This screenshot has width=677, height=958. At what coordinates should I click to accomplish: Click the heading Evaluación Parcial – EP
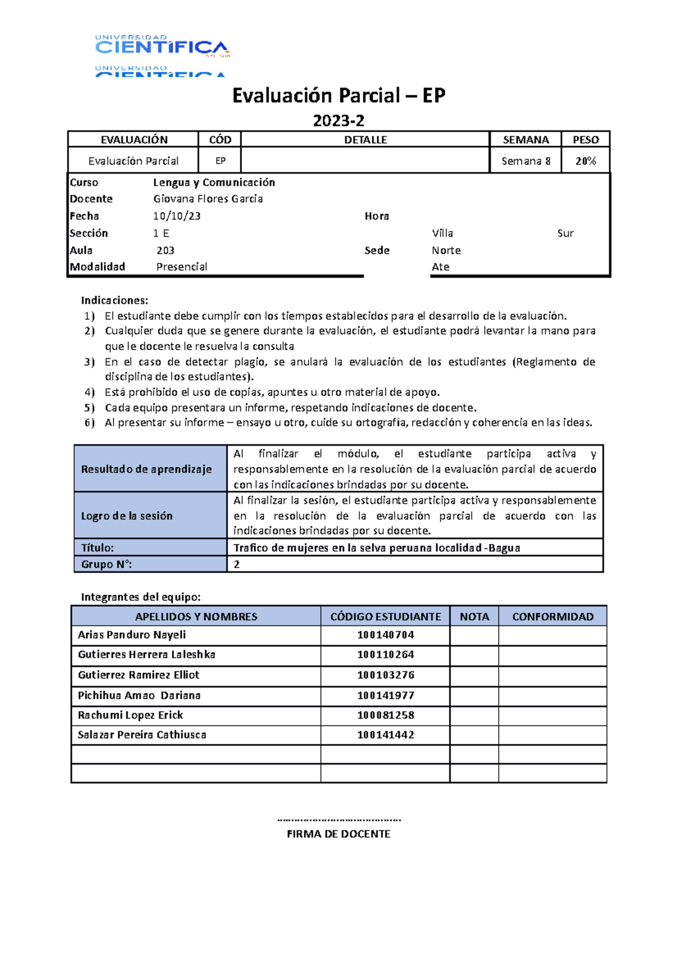338,95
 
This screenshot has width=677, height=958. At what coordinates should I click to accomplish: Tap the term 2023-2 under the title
338,121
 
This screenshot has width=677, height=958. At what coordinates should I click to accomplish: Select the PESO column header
586,139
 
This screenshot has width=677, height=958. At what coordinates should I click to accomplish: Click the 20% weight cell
586,161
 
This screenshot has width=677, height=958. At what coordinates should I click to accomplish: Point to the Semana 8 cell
525,161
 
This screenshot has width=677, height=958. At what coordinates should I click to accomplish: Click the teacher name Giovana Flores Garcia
208,199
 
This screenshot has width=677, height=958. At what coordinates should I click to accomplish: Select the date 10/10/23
177,216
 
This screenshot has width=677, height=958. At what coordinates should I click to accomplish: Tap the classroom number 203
165,250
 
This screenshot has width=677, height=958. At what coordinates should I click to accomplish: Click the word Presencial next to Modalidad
182,267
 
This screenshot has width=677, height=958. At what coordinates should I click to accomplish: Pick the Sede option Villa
442,233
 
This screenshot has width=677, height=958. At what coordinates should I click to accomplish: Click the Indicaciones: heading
115,300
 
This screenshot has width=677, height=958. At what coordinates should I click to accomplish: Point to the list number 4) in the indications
89,392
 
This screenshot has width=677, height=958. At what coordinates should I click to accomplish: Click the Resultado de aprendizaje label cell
147,469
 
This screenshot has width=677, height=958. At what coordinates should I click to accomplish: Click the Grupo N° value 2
236,564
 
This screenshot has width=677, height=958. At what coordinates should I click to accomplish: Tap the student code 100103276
385,675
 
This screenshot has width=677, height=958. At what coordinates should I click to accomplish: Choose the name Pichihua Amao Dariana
139,695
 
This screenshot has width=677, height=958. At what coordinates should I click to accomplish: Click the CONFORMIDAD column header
552,617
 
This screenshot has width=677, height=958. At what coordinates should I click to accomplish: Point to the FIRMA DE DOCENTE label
338,834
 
